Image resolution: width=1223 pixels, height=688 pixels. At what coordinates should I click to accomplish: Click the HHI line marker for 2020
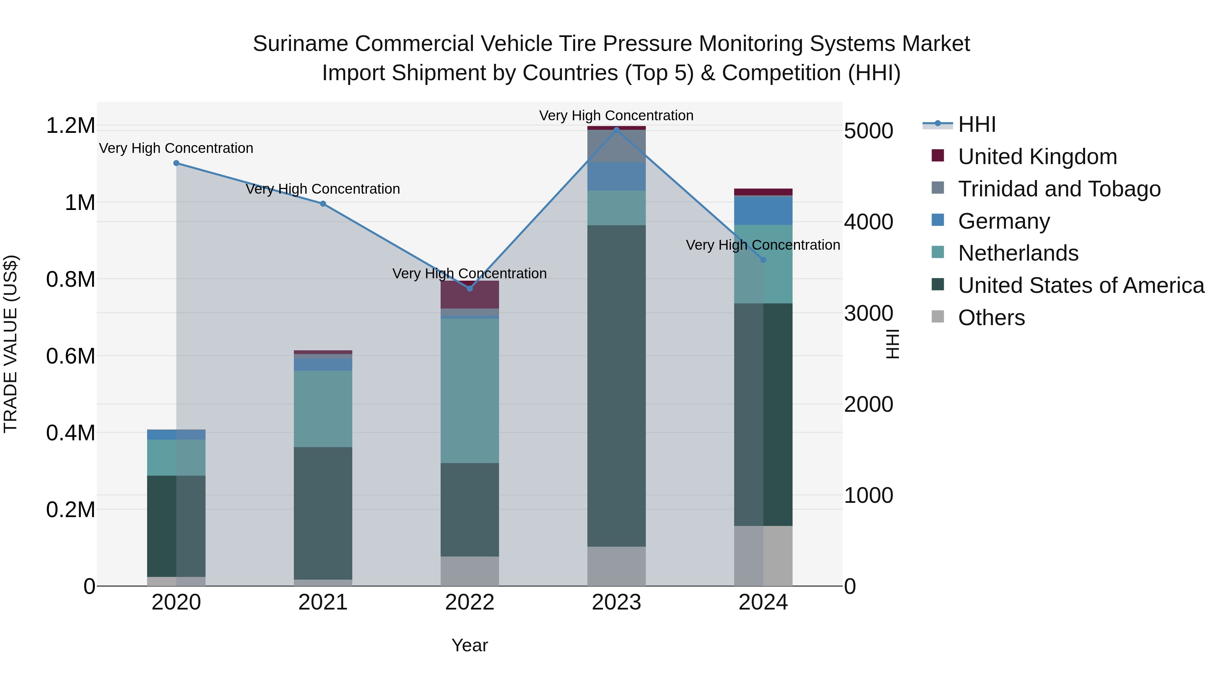click(176, 163)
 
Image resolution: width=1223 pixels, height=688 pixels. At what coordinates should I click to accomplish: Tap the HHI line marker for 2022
click(469, 288)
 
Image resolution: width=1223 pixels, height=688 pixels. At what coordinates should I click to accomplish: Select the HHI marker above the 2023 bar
click(616, 130)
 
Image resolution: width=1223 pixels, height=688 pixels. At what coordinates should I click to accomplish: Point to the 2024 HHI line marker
click(763, 260)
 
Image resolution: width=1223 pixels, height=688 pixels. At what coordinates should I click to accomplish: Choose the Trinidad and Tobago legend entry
click(1059, 189)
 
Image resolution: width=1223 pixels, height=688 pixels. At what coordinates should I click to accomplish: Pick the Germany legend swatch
click(938, 220)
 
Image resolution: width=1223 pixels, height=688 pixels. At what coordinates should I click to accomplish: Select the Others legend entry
click(991, 318)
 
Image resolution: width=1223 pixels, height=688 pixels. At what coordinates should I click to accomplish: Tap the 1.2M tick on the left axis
click(70, 126)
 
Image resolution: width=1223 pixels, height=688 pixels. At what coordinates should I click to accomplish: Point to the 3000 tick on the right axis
click(868, 313)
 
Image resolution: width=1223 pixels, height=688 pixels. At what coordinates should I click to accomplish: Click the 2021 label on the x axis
click(323, 602)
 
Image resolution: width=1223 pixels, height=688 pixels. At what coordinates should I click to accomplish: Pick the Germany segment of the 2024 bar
click(763, 210)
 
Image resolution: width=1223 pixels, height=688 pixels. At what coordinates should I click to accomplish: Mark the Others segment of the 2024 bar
click(763, 555)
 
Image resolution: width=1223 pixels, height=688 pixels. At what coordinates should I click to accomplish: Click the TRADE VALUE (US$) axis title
click(11, 344)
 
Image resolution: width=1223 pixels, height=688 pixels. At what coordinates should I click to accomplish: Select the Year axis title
click(469, 645)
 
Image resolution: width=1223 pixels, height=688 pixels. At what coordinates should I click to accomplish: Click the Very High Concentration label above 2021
click(323, 189)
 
